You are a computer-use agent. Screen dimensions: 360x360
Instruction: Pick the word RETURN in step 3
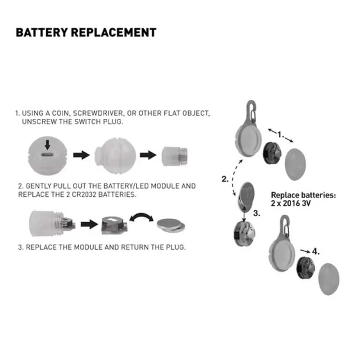pos(141,247)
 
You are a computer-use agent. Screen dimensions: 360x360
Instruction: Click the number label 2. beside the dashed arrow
pos(225,179)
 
